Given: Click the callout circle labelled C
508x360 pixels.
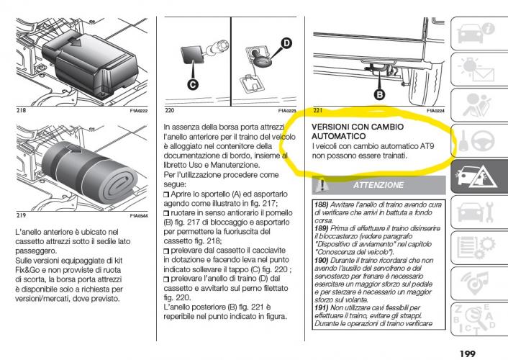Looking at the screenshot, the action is coord(193,85).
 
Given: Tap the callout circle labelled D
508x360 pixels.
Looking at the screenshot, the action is coord(286,43).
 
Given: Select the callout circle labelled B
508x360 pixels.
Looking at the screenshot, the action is coord(379,95).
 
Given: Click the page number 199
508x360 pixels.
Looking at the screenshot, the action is coord(467,354).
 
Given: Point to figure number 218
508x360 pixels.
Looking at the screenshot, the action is coord(21,110).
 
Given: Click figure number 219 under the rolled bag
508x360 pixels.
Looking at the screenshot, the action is coord(21,215).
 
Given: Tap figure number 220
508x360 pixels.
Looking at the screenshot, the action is coord(169,110).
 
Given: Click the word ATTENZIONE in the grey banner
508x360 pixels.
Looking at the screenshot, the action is coord(378,185).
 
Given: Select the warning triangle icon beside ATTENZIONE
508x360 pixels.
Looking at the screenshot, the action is coord(322,185).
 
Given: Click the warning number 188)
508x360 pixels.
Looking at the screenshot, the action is coord(322,204).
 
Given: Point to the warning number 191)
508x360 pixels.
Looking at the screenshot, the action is coord(322,307).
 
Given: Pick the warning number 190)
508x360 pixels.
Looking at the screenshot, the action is coord(322,260).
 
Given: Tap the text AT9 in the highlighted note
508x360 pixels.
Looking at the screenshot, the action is coord(427,146).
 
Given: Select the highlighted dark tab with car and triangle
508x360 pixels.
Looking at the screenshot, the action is coord(479,176).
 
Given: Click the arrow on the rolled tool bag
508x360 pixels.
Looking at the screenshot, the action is coord(75,150).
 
